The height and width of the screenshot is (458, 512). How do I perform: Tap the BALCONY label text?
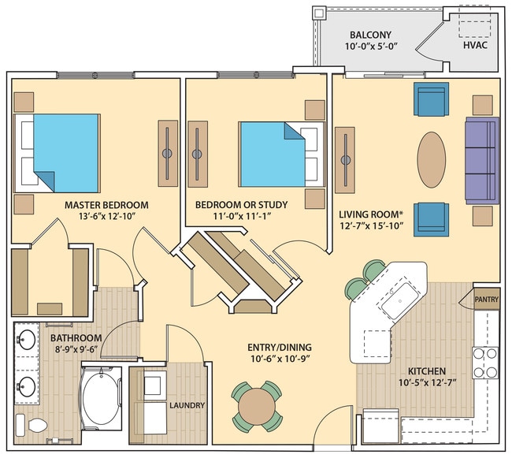point(371,35)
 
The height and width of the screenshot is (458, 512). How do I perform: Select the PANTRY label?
point(486,300)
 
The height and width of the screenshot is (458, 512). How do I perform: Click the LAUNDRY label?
point(187,406)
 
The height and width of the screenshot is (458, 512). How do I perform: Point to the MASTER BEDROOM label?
point(106,205)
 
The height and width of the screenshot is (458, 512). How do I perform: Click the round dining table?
point(256,407)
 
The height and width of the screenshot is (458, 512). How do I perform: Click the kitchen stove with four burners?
point(484,362)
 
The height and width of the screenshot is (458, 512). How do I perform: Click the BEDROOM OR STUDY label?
point(242,205)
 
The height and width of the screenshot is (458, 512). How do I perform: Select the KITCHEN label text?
point(427,371)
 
